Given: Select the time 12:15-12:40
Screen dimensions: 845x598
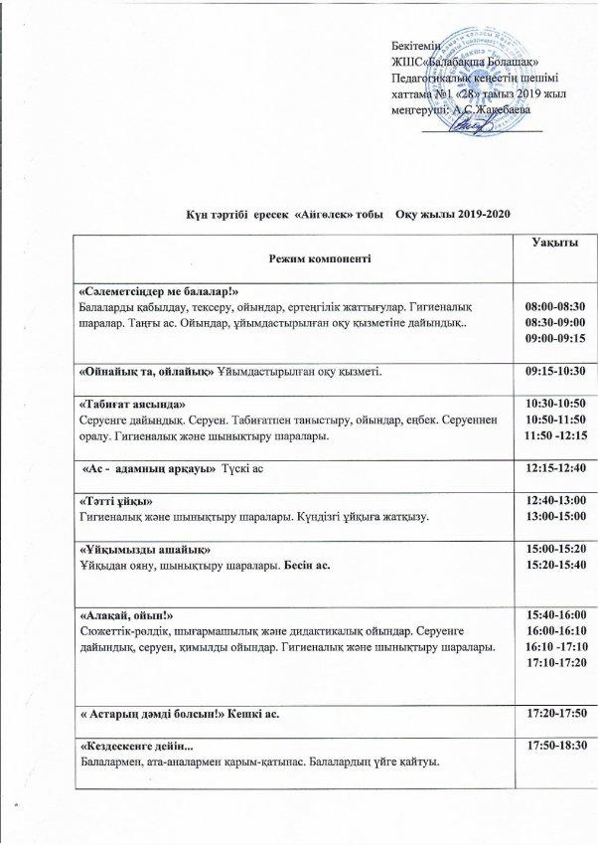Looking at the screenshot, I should click(x=554, y=466).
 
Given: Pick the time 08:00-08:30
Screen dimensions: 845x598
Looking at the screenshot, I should click(x=554, y=307).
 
